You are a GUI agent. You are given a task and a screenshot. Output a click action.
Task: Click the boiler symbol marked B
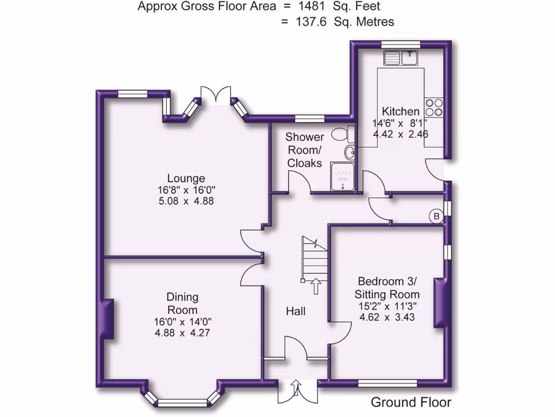coord(436,217)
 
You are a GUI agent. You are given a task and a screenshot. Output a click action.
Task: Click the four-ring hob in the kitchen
coord(434,106)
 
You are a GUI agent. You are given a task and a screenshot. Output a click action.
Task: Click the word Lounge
coord(186,178)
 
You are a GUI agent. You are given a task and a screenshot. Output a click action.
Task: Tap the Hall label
coord(296,311)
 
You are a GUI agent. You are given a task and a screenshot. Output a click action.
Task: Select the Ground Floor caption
coord(411,402)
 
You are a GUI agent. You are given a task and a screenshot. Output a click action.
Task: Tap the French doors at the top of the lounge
coord(216,94)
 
